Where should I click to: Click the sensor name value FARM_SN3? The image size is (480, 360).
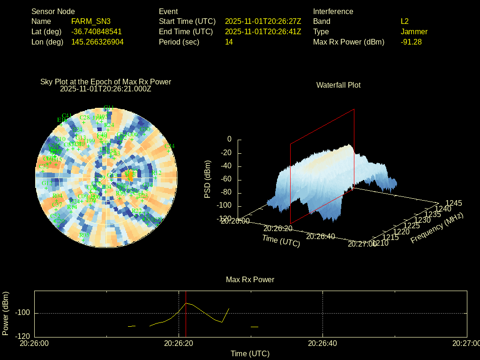[91, 21]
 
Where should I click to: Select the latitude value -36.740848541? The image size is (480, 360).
[97, 31]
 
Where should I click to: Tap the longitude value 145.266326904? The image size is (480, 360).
[97, 42]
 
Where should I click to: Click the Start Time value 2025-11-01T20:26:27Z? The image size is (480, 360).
[263, 21]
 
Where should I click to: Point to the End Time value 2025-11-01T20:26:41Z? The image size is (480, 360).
[263, 31]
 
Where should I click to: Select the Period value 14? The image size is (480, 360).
[229, 42]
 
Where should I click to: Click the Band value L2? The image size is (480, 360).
[405, 21]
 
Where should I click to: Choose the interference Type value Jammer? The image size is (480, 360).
[414, 31]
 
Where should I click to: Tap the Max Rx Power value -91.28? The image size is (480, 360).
[411, 42]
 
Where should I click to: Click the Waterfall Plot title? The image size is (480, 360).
[338, 85]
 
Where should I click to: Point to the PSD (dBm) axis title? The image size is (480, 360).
[208, 179]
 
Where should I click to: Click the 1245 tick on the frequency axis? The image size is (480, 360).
[453, 203]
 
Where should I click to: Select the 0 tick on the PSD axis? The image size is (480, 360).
[229, 139]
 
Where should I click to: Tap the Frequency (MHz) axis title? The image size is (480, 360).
[437, 228]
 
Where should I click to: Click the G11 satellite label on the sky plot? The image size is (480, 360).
[109, 107]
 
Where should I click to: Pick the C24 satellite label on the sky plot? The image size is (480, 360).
[170, 146]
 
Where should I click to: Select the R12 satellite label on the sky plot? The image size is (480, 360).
[157, 173]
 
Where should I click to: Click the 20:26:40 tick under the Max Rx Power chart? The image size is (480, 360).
[323, 344]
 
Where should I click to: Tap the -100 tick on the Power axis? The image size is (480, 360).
[23, 313]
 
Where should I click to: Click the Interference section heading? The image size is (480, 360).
[333, 11]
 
